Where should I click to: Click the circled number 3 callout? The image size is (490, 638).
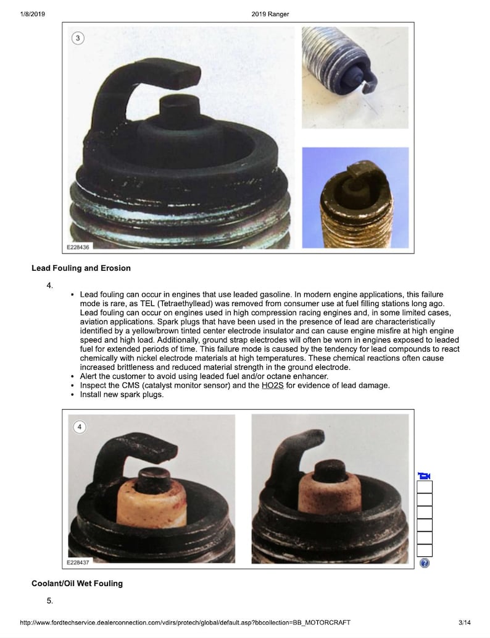[x=78, y=38]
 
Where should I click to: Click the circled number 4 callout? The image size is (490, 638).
[x=80, y=427]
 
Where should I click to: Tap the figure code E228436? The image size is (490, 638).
[x=78, y=247]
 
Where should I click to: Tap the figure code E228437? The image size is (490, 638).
[x=78, y=563]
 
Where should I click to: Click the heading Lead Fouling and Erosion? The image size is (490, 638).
[x=81, y=268]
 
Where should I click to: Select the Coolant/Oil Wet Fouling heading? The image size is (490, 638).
[x=77, y=584]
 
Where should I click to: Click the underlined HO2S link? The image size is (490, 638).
[x=273, y=385]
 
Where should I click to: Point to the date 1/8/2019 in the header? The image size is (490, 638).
[x=33, y=14]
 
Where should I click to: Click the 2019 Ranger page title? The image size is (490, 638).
[x=270, y=14]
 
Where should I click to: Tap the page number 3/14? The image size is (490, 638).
[x=465, y=623]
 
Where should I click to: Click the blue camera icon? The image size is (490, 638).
[x=424, y=475]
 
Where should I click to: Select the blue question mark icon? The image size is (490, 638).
[x=425, y=563]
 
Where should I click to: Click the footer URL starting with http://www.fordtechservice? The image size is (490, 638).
[x=185, y=623]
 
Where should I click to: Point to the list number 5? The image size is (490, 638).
[x=49, y=601]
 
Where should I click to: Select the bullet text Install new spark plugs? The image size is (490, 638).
[x=122, y=394]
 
